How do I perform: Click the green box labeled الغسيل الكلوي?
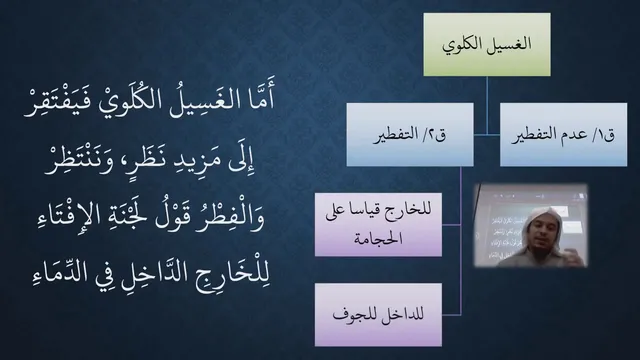click(x=487, y=44)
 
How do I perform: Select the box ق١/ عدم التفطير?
click(x=563, y=134)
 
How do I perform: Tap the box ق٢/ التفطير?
click(x=410, y=134)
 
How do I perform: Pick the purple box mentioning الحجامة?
click(x=378, y=224)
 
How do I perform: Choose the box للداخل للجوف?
click(x=378, y=315)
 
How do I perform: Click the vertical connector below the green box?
click(x=487, y=105)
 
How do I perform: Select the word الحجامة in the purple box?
click(x=378, y=239)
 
